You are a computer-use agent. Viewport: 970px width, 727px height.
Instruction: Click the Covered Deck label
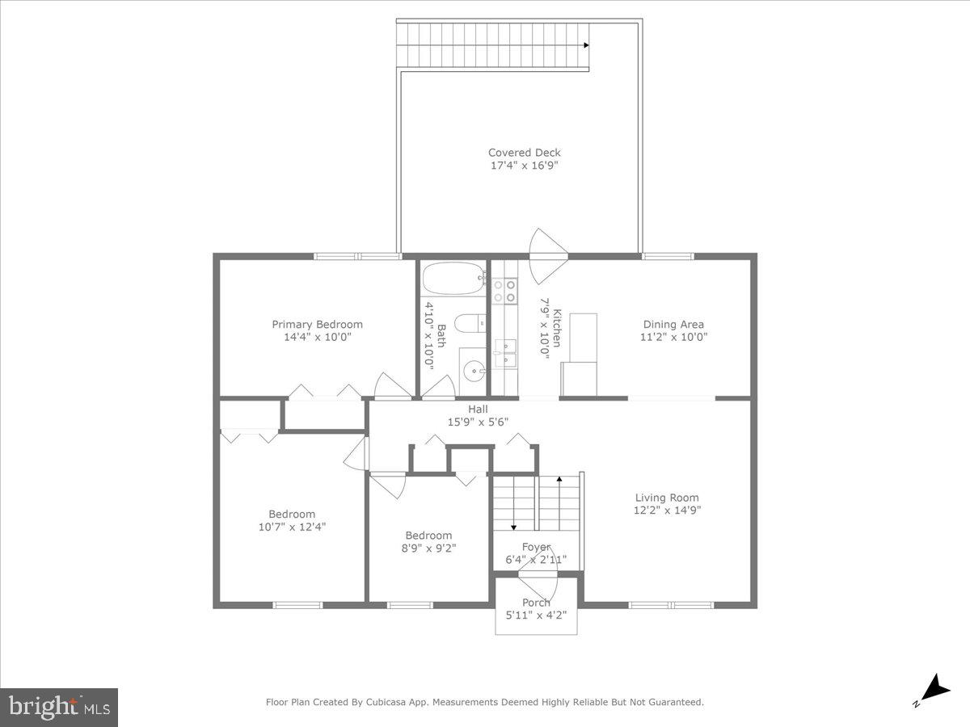click(524, 153)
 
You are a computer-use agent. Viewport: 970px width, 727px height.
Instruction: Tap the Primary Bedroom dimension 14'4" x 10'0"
click(317, 337)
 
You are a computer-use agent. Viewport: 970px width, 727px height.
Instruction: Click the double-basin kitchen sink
click(505, 348)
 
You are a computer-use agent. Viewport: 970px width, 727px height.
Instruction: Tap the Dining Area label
click(673, 325)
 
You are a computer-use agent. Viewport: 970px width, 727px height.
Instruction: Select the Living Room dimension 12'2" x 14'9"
click(667, 511)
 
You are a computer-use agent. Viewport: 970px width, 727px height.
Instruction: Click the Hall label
click(479, 409)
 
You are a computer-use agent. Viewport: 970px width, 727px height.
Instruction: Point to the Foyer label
click(536, 547)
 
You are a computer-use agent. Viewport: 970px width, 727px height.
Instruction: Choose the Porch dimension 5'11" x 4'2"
click(536, 615)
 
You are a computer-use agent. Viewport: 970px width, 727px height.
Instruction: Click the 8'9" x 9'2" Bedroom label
click(428, 536)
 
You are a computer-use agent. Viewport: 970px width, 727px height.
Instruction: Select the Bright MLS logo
click(59, 708)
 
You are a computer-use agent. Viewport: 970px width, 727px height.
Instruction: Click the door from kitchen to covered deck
click(548, 257)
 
